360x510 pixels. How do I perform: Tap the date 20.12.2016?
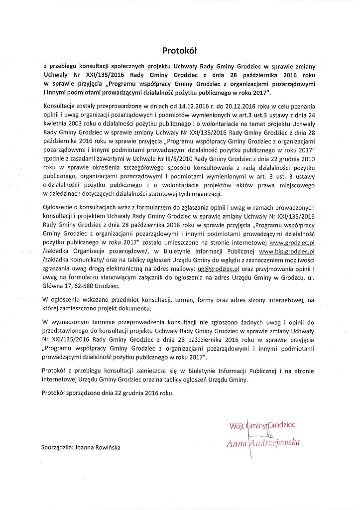pos(225,107)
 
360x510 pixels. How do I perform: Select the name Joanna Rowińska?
pos(98,447)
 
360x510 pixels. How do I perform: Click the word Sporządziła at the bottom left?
pos(56,447)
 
